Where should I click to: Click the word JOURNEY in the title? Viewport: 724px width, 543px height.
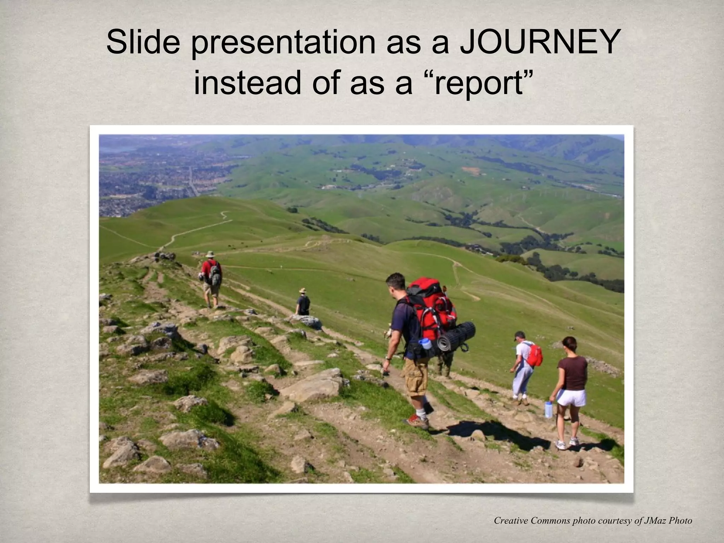[540, 42]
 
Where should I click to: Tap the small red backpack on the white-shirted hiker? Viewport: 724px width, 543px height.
[534, 355]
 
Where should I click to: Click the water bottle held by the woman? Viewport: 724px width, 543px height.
[548, 409]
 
